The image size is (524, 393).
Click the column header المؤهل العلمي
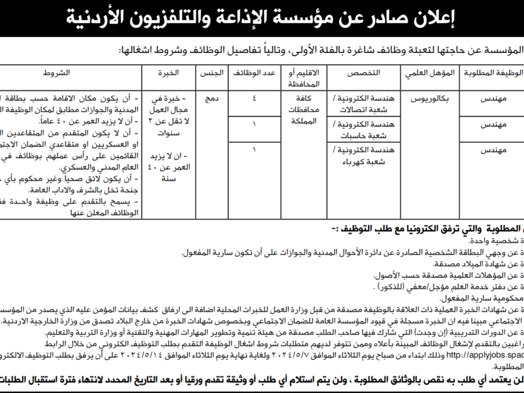427,73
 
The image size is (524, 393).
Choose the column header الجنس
213,73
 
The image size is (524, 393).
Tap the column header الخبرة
169,73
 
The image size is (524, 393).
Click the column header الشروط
56,73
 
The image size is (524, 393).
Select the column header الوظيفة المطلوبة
492,73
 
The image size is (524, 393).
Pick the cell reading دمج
213,99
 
